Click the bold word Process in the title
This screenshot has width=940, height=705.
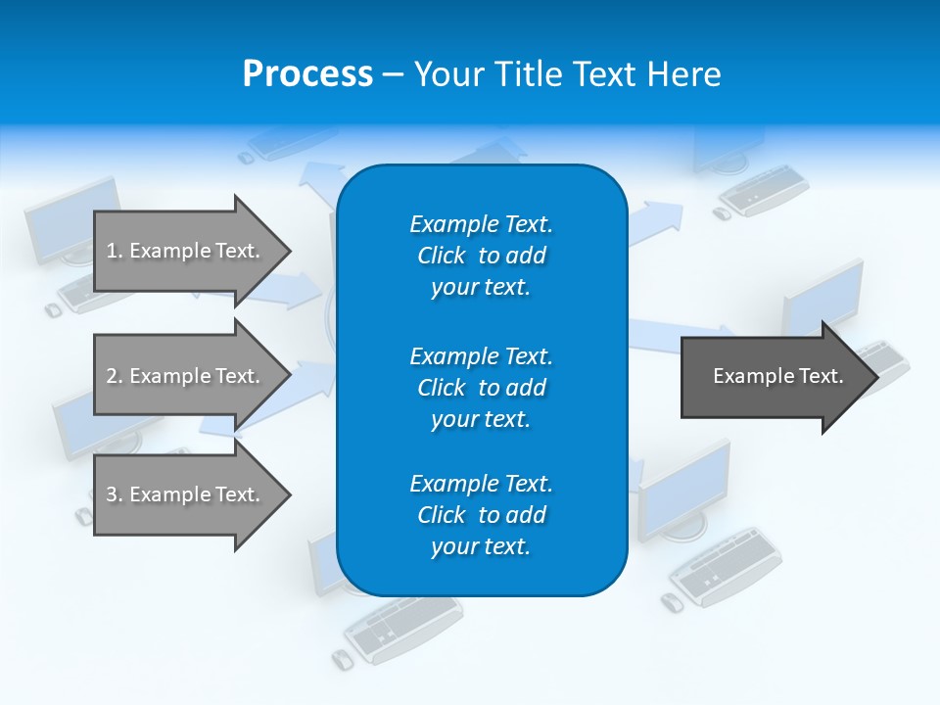pyautogui.click(x=307, y=74)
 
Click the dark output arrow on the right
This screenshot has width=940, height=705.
pyautogui.click(x=774, y=376)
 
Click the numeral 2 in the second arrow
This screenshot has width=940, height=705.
pyautogui.click(x=112, y=376)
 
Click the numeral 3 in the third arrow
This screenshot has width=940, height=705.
pyautogui.click(x=112, y=494)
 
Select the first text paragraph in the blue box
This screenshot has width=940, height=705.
pyautogui.click(x=481, y=256)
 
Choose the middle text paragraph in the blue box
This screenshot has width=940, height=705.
pyautogui.click(x=481, y=388)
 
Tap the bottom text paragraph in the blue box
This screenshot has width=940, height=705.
pyautogui.click(x=481, y=515)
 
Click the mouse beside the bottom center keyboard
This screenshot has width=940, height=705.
pyautogui.click(x=342, y=659)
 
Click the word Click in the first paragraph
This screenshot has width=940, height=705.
pyautogui.click(x=441, y=256)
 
